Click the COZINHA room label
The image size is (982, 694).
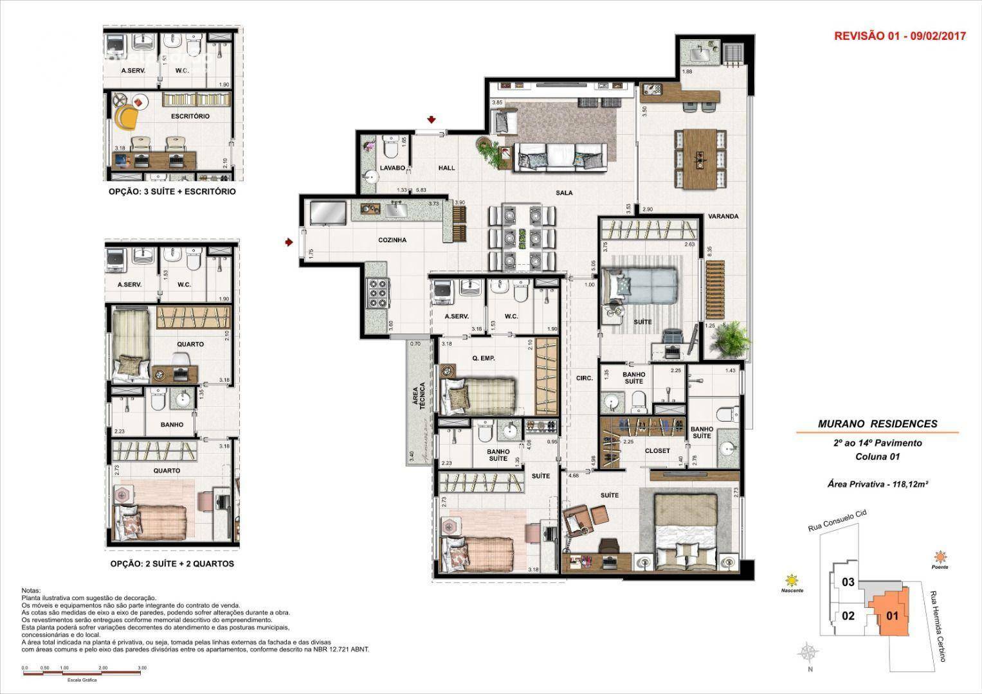click(392, 240)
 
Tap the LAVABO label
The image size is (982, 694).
click(392, 168)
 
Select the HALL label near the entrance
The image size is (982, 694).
click(446, 168)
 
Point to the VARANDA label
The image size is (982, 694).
click(723, 217)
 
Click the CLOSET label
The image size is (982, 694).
click(657, 450)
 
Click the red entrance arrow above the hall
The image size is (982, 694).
click(432, 120)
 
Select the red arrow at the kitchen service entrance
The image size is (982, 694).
click(289, 242)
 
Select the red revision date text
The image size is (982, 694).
click(900, 37)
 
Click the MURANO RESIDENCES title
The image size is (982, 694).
click(877, 423)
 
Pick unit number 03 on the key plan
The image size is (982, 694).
click(848, 582)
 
